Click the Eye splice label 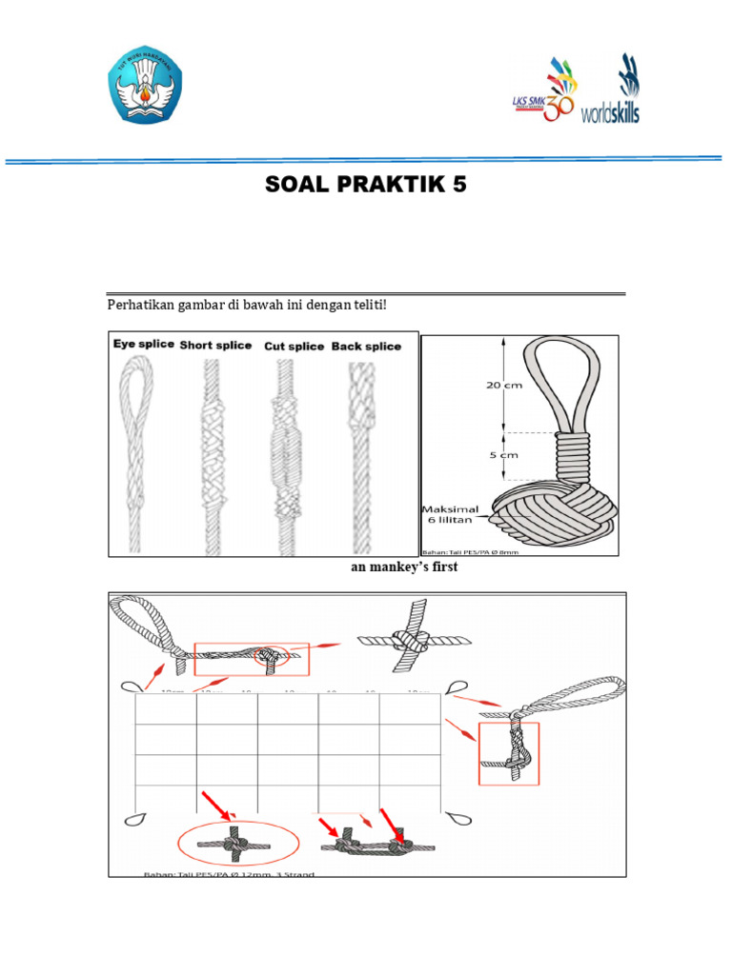tap(143, 345)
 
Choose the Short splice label tap(215, 346)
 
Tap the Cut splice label tap(294, 347)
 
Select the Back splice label tap(366, 347)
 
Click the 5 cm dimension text tap(502, 455)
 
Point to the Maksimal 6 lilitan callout tap(452, 517)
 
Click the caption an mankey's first tap(392, 568)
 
